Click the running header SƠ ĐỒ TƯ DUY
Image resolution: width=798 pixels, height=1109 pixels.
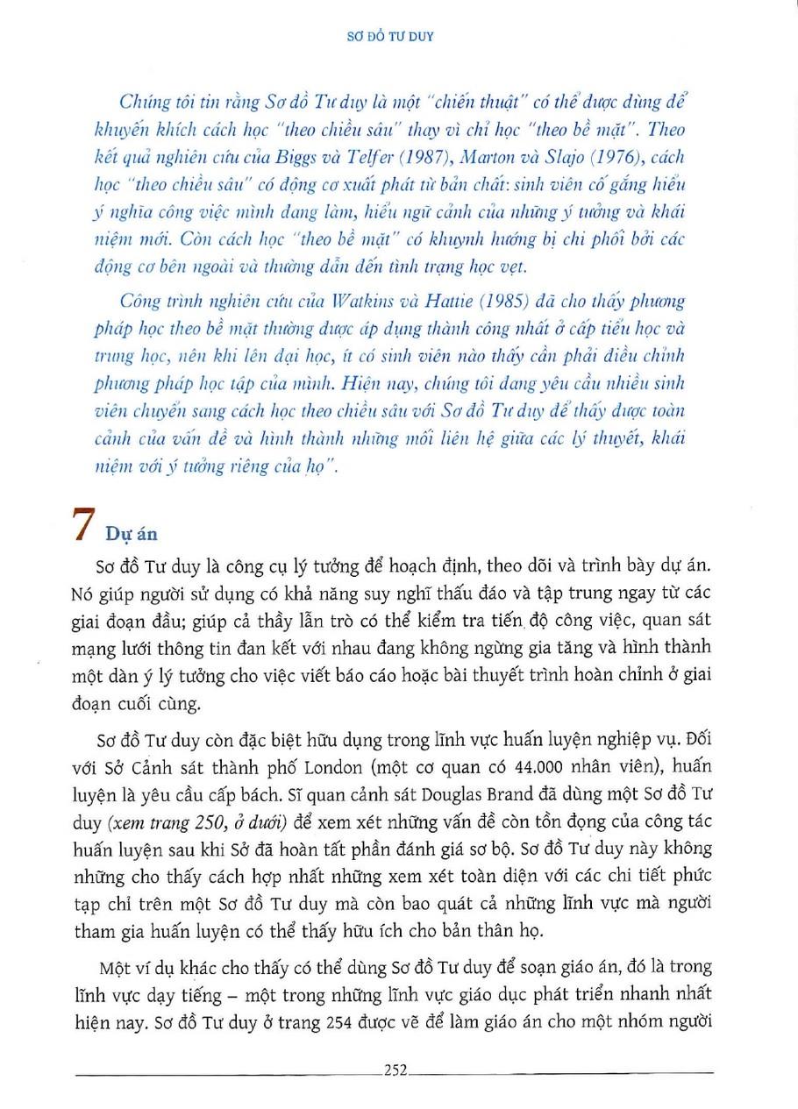click(399, 38)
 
